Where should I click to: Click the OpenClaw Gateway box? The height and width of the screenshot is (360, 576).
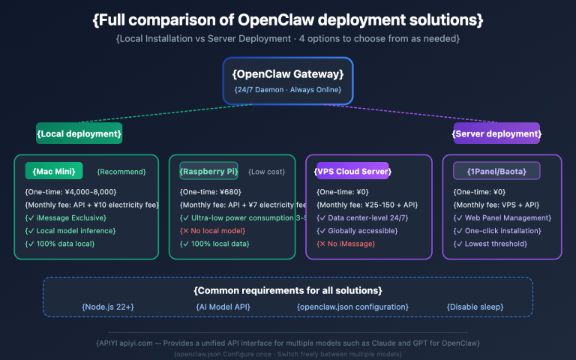[288, 81]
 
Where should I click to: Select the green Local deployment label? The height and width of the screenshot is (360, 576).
[79, 133]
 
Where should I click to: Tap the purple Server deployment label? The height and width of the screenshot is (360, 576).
[496, 133]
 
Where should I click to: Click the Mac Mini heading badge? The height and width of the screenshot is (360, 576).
[54, 171]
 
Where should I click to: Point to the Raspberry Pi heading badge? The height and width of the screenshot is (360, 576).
[208, 171]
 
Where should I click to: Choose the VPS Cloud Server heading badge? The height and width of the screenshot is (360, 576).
[352, 171]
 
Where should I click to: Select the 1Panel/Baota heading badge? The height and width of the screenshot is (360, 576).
[496, 171]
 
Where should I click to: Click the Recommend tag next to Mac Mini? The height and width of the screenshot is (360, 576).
[121, 172]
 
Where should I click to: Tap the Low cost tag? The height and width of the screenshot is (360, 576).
[266, 172]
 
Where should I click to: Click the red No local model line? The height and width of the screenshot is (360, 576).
[214, 230]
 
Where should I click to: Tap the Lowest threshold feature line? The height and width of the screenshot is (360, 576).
[490, 244]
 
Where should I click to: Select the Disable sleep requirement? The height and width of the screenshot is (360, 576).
[477, 307]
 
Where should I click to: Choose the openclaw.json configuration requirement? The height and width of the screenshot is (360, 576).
[352, 307]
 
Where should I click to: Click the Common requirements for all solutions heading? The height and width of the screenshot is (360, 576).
[288, 290]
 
